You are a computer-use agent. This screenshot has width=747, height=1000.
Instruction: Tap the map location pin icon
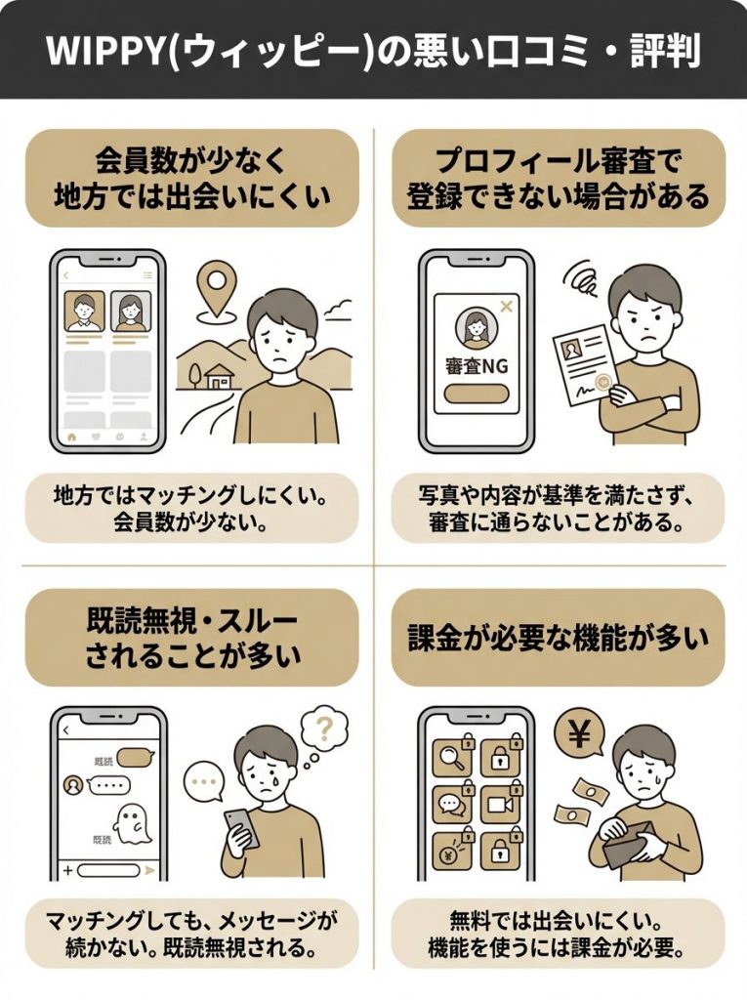point(215,285)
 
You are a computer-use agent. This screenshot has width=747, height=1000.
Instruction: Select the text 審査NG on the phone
point(477,367)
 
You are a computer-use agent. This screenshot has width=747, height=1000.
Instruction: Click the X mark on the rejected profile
point(506,308)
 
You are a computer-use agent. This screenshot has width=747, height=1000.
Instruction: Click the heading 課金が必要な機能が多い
point(558,638)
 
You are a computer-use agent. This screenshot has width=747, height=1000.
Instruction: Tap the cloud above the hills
point(339,311)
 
